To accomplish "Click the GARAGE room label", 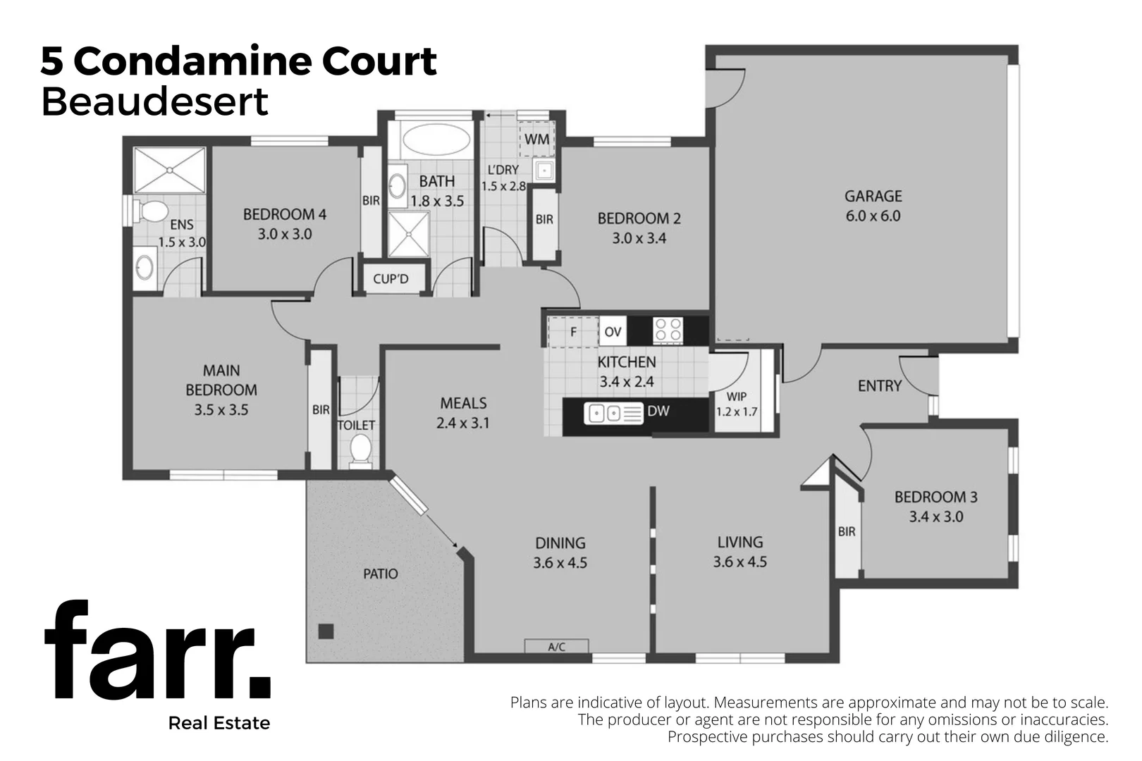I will tap(873, 197).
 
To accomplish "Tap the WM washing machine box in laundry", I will tap(536, 139).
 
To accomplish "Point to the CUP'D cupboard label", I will tap(391, 279).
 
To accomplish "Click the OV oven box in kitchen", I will tap(613, 331).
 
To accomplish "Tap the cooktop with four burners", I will tap(667, 330).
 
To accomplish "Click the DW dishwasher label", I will tap(658, 411).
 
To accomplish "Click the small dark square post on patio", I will tap(325, 631).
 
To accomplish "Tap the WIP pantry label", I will tap(736, 397).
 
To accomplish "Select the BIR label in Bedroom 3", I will tap(847, 532).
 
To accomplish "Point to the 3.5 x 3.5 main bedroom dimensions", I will tap(221, 409).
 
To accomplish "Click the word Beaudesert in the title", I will tap(154, 102).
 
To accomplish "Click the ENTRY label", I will tap(879, 386).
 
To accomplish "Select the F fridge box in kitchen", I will tap(573, 331).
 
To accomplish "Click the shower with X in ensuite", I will tap(169, 170).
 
